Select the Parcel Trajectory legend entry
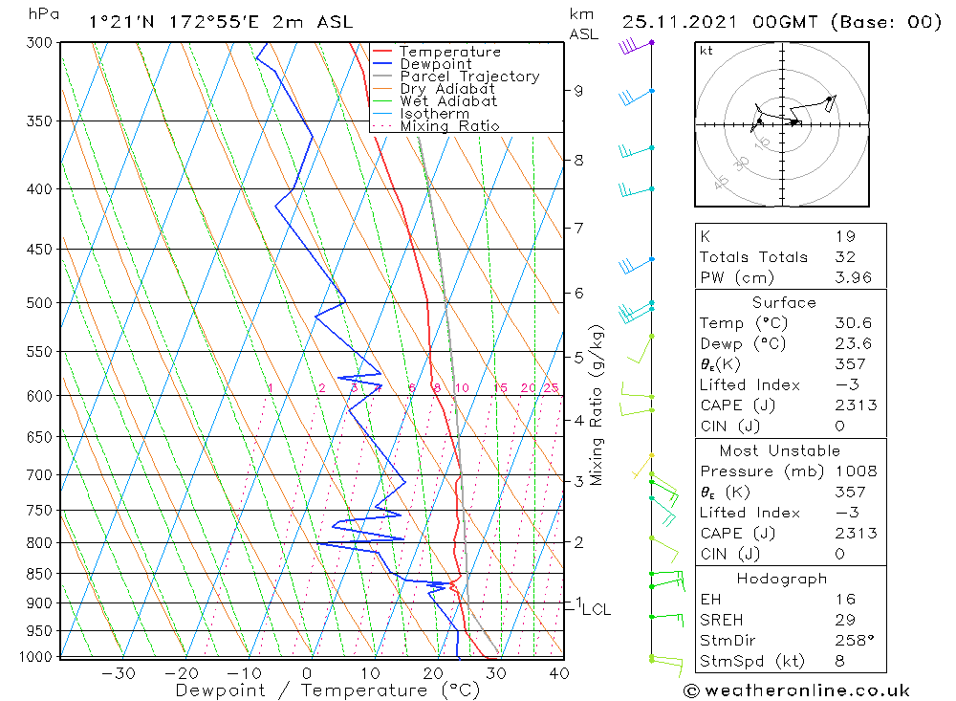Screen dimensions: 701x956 pyautogui.click(x=469, y=77)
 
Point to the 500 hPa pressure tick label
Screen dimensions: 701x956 pyautogui.click(x=39, y=303)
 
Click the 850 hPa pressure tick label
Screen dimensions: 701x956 pyautogui.click(x=39, y=574)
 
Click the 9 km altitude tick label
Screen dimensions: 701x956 pyautogui.click(x=578, y=91)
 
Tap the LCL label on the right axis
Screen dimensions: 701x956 pyautogui.click(x=597, y=609)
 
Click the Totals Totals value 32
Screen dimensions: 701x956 pyautogui.click(x=844, y=257)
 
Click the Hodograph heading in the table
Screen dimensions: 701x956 pyautogui.click(x=783, y=579)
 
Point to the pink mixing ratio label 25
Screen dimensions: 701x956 pyautogui.click(x=551, y=387)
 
